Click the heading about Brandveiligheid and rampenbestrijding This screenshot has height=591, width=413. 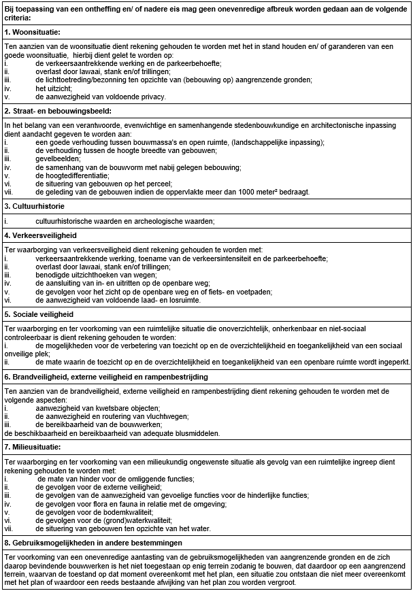(105, 376)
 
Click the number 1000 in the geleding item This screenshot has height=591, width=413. (254, 191)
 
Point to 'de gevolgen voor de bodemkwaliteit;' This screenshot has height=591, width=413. (95, 511)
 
